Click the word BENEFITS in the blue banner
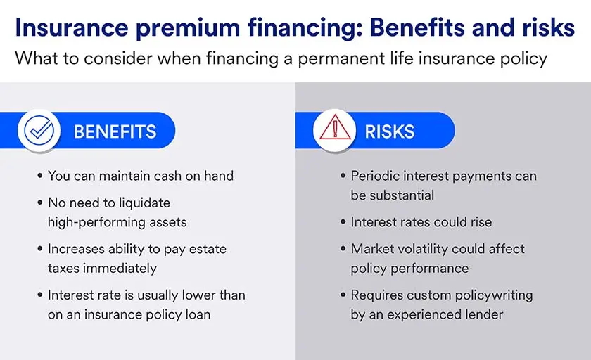[115, 131]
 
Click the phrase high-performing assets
[118, 222]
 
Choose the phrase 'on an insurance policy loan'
[129, 314]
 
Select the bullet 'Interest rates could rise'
[421, 222]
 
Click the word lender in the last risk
[482, 314]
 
